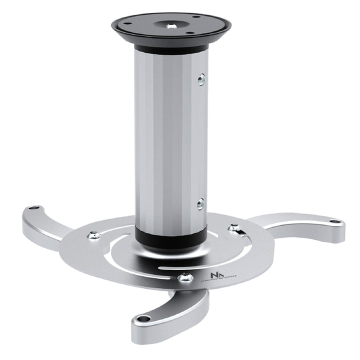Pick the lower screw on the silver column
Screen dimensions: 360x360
click(x=200, y=203)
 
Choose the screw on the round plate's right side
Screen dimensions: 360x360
click(x=233, y=227)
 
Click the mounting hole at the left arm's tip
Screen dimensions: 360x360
click(x=34, y=207)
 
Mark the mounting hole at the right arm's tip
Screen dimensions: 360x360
click(x=333, y=221)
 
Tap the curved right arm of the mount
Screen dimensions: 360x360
click(x=305, y=227)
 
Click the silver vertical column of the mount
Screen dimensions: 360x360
click(x=170, y=140)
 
